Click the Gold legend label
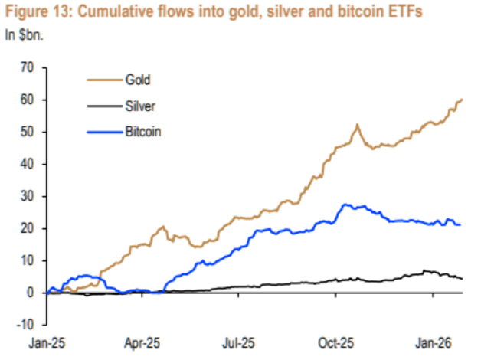[137, 79]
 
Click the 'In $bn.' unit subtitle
[25, 34]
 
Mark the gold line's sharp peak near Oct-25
[357, 124]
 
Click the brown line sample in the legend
[100, 79]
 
